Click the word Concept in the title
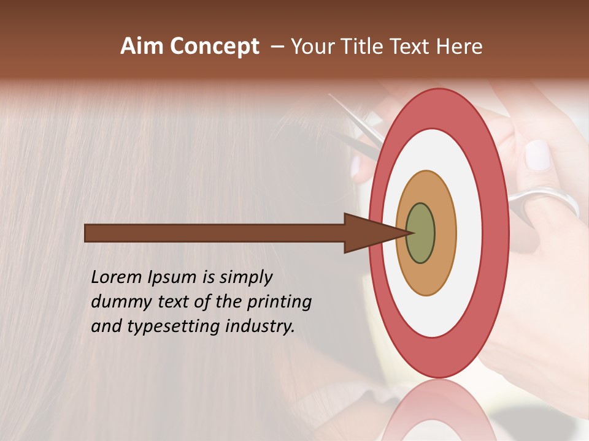click(214, 47)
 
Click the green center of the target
click(420, 233)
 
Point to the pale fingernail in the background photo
click(538, 155)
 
